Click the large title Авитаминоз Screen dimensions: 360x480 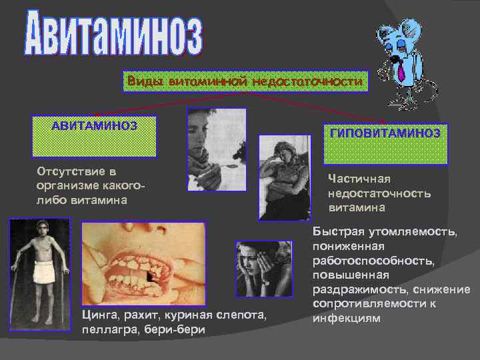[113, 33]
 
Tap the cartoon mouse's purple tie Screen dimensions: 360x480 [402, 71]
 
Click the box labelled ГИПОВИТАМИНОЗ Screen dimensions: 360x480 [385, 144]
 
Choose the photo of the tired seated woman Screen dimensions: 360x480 [285, 177]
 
